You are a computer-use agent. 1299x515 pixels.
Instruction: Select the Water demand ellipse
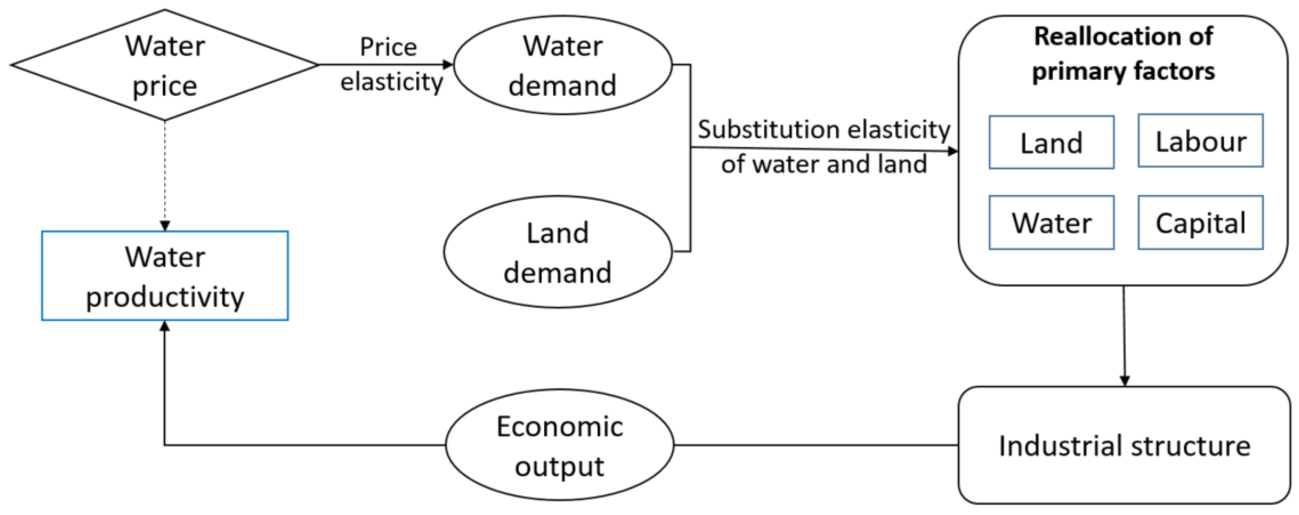562,65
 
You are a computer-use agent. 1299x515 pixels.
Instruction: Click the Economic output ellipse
560,445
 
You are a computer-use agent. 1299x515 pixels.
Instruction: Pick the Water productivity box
165,275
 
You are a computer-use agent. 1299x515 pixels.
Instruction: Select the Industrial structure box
1124,445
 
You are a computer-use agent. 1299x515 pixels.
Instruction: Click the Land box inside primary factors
1052,142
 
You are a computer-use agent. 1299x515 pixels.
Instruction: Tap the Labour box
1200,141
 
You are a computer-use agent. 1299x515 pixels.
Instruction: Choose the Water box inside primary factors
1052,223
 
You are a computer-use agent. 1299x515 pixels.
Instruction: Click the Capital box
1200,223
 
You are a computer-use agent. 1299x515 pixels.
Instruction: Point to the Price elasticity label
391,65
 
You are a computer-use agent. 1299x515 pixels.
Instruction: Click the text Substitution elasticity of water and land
823,147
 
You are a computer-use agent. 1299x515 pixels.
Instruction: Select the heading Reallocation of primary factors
1123,54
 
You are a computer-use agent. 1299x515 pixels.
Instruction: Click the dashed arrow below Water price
165,172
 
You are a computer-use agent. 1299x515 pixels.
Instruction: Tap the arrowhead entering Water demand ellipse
448,65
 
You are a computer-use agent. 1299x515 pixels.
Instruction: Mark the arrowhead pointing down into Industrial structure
1125,380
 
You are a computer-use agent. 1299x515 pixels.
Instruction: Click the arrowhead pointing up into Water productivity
164,327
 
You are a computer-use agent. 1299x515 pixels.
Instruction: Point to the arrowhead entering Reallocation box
953,151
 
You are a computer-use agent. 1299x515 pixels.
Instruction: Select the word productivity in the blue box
165,297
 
